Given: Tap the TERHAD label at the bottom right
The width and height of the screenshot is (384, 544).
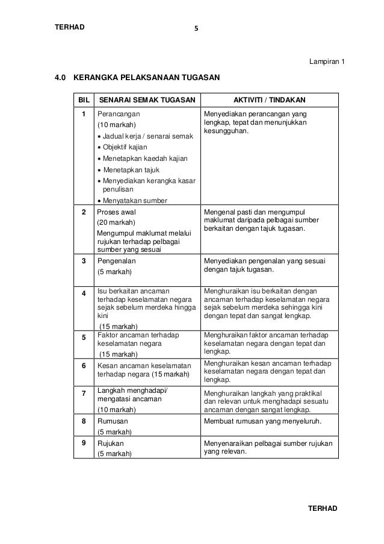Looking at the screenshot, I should [323, 508].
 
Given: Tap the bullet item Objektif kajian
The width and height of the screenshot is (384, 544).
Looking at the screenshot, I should [125, 147].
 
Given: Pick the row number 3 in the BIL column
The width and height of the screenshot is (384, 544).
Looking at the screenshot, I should [83, 261].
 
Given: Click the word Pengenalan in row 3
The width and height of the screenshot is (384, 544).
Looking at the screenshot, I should [117, 261].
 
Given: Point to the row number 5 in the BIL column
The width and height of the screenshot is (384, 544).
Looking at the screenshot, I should [83, 337].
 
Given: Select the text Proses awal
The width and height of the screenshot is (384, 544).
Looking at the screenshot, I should [117, 212].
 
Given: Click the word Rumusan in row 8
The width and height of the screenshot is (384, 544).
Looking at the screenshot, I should [113, 421].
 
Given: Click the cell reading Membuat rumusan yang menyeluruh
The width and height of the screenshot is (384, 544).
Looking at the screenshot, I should [262, 421].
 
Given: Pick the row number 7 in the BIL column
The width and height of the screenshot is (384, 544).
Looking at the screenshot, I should [83, 393].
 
